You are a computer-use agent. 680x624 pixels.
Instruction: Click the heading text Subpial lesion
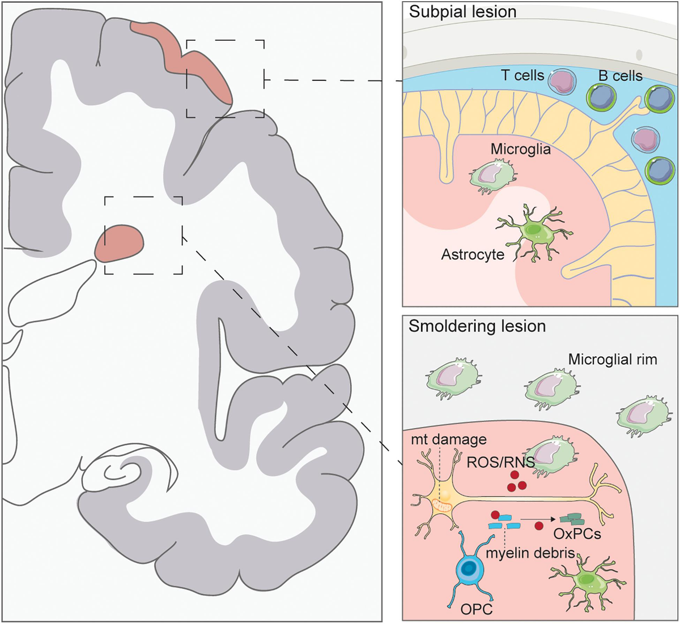click(x=462, y=11)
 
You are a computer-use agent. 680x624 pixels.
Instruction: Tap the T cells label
click(x=522, y=75)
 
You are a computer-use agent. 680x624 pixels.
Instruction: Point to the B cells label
click(x=620, y=75)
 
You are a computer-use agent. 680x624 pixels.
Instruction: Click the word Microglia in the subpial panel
click(x=520, y=151)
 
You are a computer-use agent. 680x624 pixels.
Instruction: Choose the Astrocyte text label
click(x=473, y=254)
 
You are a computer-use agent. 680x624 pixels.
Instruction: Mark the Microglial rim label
click(x=612, y=360)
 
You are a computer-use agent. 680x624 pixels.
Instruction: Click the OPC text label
click(x=466, y=609)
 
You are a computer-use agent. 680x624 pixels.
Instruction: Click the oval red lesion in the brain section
click(x=119, y=243)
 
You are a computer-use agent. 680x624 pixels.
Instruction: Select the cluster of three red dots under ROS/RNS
click(x=515, y=481)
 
